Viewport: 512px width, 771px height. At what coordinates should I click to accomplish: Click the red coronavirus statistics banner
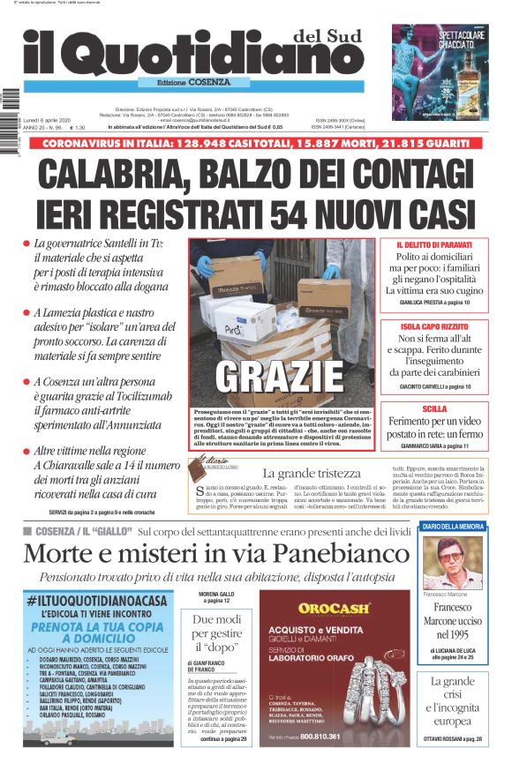(x=256, y=142)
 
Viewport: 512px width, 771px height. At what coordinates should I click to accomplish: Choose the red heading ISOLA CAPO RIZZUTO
(x=434, y=327)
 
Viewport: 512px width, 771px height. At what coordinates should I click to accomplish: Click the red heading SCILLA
(x=434, y=409)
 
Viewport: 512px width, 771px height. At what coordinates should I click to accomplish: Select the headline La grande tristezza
(x=312, y=475)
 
